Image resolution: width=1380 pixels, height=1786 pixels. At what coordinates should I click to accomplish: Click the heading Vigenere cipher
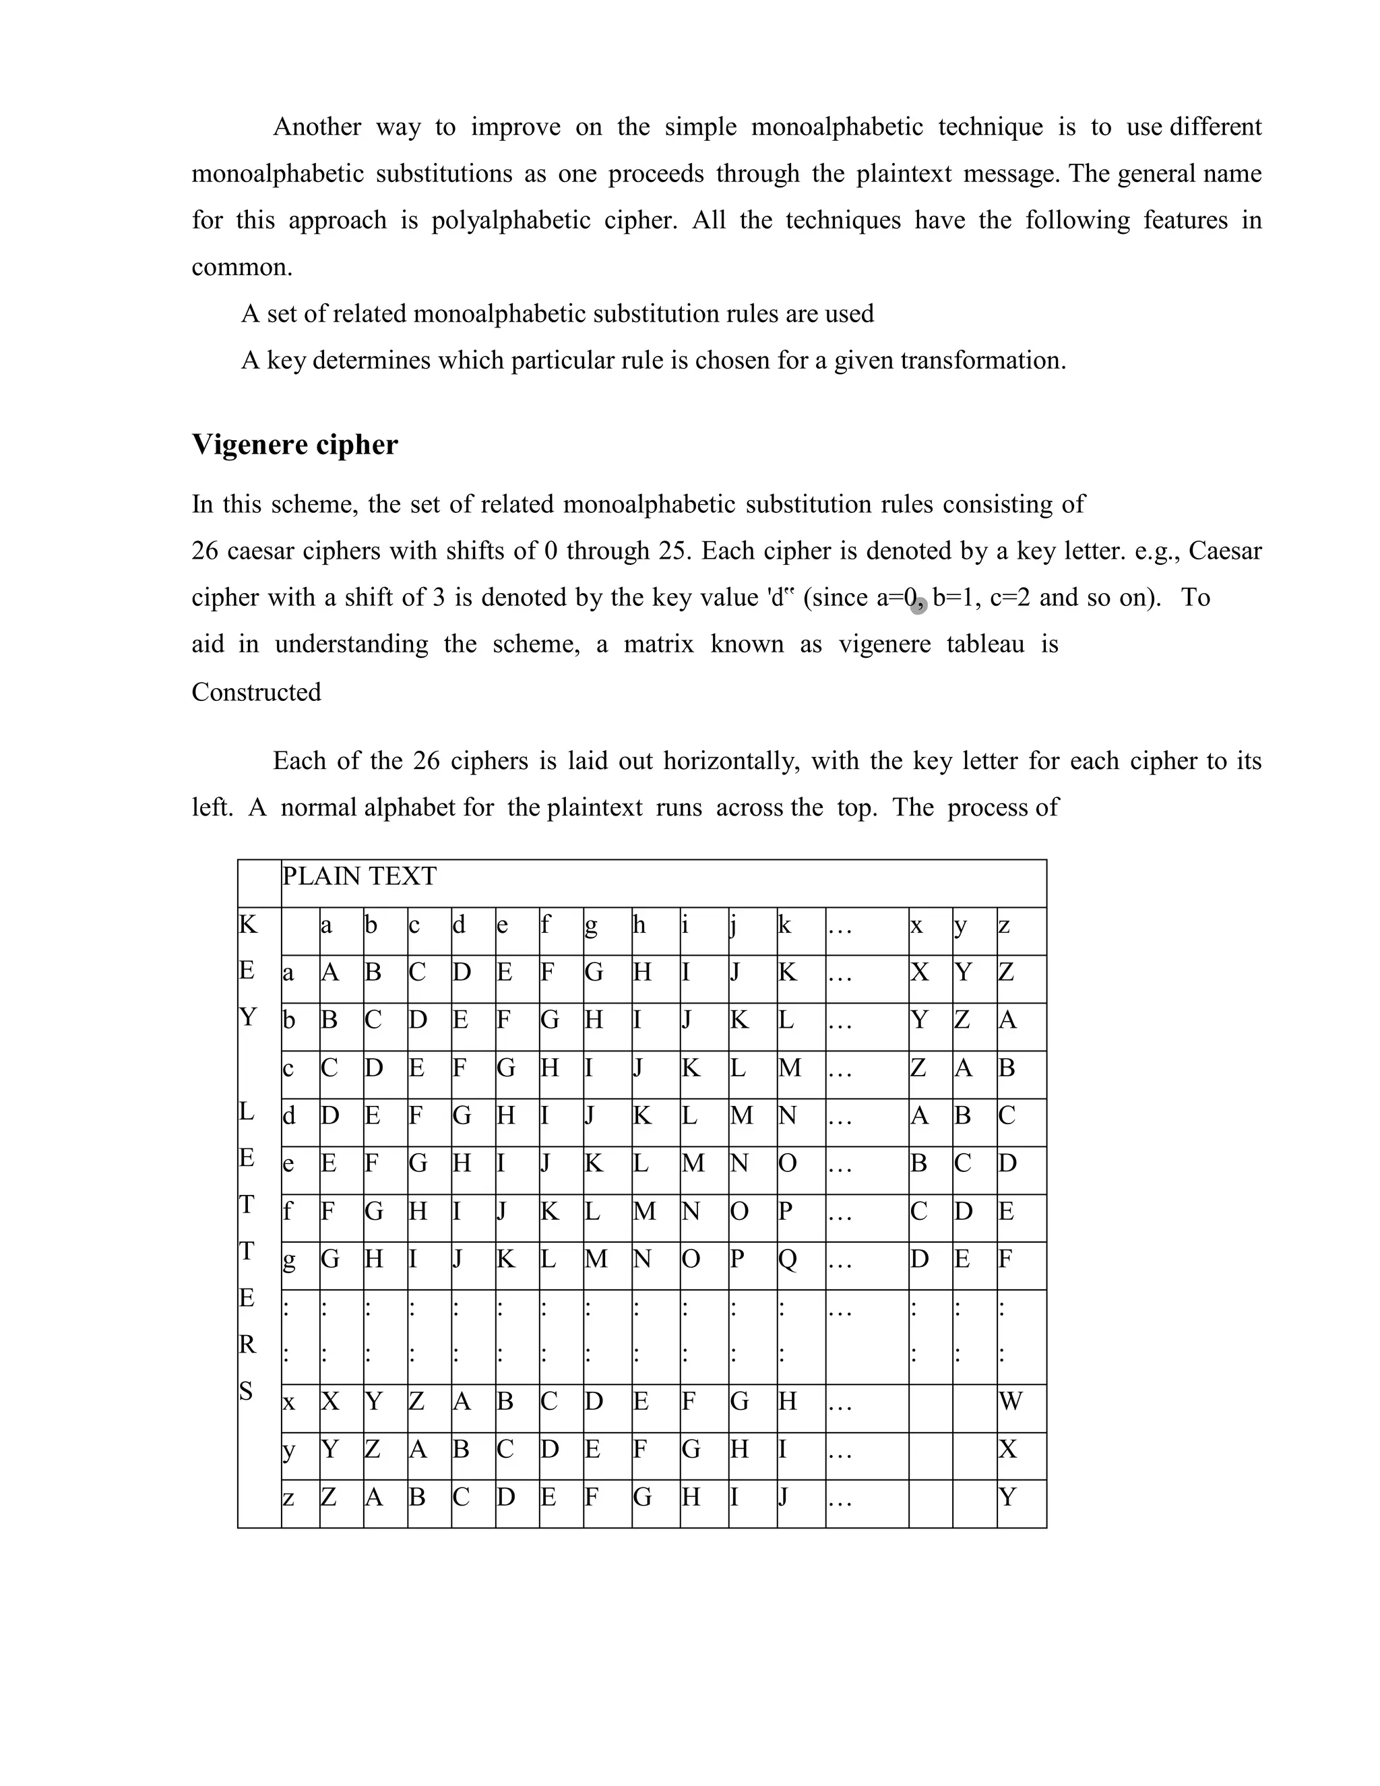(294, 445)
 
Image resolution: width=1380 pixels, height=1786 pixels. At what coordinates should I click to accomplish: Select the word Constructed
(256, 693)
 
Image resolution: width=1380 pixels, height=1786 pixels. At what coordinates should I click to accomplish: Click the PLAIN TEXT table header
(359, 877)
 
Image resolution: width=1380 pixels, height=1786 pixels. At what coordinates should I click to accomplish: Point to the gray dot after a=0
(918, 605)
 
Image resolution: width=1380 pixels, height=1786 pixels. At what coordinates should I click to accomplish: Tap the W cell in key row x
(1011, 1402)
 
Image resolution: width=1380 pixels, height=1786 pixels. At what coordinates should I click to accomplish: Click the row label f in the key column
(287, 1211)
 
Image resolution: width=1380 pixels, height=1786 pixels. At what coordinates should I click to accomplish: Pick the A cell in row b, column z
(1008, 1020)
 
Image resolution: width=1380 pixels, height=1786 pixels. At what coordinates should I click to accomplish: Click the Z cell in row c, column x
(919, 1068)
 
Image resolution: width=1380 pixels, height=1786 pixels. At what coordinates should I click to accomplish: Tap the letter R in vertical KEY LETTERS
(247, 1345)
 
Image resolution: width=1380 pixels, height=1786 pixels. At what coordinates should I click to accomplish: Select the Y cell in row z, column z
(1008, 1498)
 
